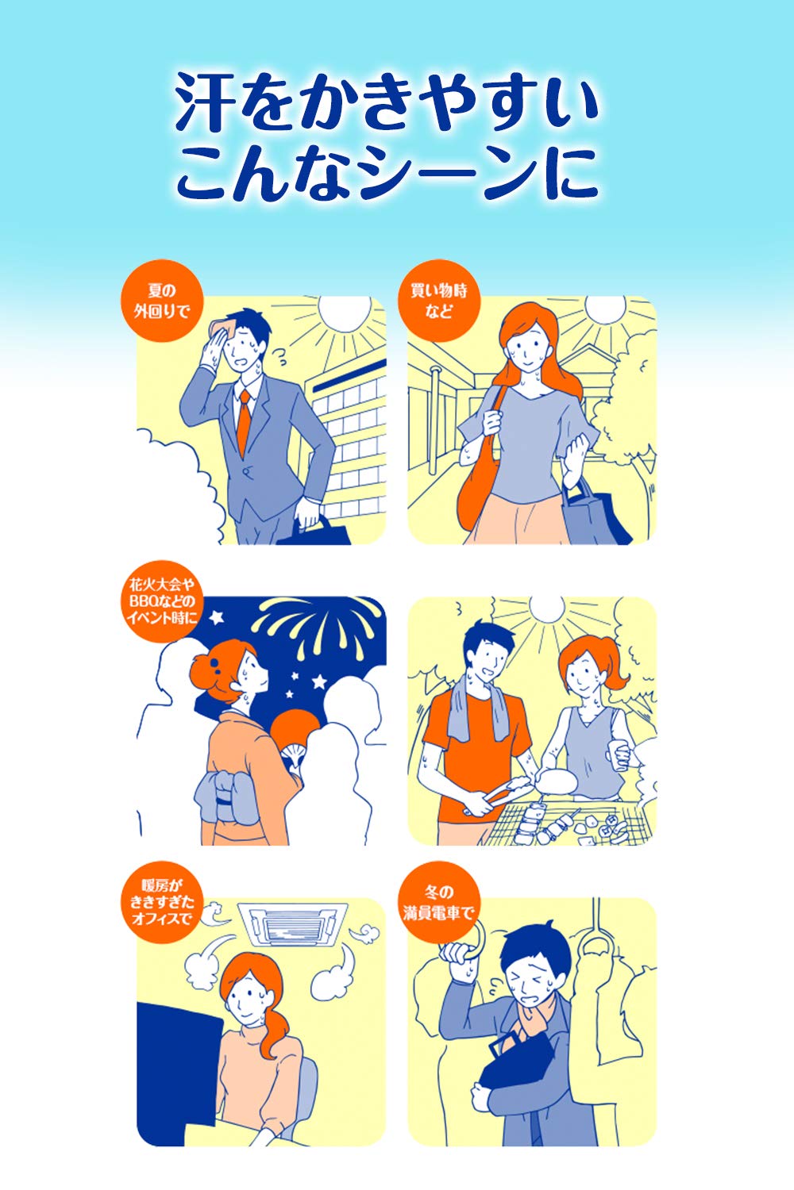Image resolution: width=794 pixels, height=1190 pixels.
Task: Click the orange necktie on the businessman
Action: [x=244, y=422]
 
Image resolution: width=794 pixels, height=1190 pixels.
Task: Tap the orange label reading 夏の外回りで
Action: [x=162, y=301]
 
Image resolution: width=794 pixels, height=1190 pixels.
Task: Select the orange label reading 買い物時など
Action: [x=439, y=301]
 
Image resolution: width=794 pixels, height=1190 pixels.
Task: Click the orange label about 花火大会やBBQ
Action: [x=162, y=601]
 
